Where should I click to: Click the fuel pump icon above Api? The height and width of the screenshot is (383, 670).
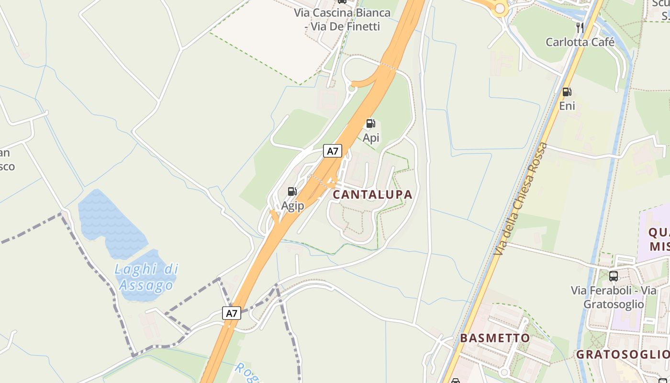[370, 124]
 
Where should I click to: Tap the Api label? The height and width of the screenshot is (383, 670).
[371, 138]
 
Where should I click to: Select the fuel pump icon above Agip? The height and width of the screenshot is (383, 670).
[292, 191]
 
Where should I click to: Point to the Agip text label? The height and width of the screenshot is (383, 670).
[292, 206]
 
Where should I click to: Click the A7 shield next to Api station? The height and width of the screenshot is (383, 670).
[332, 151]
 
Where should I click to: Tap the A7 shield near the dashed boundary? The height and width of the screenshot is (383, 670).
[232, 314]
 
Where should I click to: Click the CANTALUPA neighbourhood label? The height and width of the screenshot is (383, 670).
[372, 194]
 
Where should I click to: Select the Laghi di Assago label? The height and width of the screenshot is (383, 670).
[146, 277]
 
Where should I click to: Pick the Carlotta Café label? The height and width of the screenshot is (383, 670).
[580, 42]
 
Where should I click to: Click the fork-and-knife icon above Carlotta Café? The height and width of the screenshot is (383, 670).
[580, 27]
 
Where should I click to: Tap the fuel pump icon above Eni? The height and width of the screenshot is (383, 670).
[567, 91]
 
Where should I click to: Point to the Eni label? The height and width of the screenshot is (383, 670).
[567, 106]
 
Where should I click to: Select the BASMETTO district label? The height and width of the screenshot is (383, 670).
[495, 338]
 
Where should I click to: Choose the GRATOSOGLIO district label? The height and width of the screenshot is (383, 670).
[623, 355]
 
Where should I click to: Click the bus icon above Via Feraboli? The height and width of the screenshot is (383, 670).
[614, 276]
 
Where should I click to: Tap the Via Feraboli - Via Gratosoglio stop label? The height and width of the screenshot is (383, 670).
[614, 297]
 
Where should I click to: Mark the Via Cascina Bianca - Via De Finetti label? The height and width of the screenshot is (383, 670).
[343, 19]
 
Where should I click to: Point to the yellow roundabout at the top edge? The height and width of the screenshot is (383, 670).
[500, 8]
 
